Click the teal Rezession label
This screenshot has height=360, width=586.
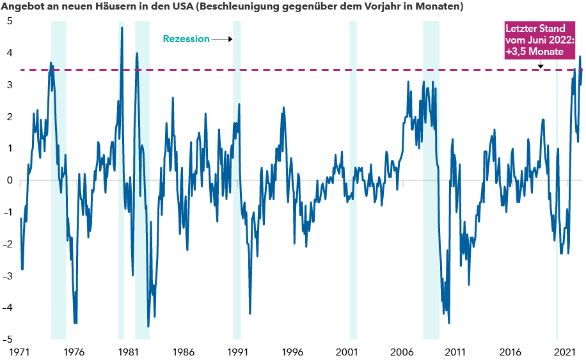pos(186,39)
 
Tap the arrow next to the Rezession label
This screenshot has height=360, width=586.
pos(221,39)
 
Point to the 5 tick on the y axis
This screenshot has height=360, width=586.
pos(10,20)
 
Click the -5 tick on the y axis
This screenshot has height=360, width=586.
pos(8,340)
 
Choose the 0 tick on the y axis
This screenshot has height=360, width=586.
pos(10,180)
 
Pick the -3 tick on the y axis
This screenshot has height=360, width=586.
pos(8,276)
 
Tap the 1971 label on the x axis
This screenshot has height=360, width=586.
pos(20,352)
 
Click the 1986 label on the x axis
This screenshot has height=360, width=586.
pos(183,352)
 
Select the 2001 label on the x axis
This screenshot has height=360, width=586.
pos(346,352)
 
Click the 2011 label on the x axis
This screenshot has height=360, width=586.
pos(455,352)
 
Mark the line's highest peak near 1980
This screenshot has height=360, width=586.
pos(122,28)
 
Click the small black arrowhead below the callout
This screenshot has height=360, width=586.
pos(541,65)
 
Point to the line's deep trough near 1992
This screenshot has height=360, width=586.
pos(250,313)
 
